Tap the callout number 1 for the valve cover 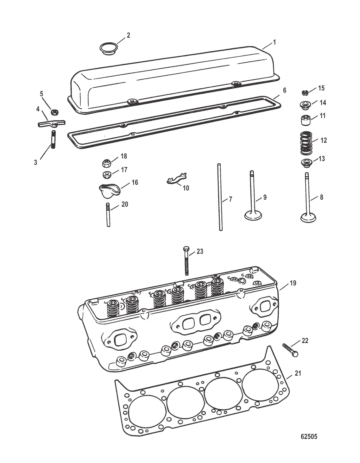pos(275,42)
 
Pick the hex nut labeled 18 pos(107,163)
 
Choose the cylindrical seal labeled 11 pos(306,120)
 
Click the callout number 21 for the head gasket pos(298,373)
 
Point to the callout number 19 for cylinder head pos(293,283)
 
